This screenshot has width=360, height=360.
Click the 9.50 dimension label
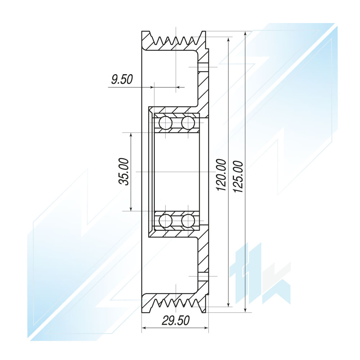pos(122,80)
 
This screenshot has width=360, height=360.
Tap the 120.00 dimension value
pos(221,175)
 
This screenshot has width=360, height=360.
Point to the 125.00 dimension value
pos(238,176)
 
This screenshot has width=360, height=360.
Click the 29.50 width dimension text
pos(176,320)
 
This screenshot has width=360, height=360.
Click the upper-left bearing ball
pos(166,123)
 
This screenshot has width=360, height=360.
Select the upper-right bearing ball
pos(188,123)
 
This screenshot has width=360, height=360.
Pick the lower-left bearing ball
pos(166,221)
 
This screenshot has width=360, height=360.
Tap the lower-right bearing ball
pos(188,221)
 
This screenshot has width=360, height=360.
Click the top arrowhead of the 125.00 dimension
pos(245,33)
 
